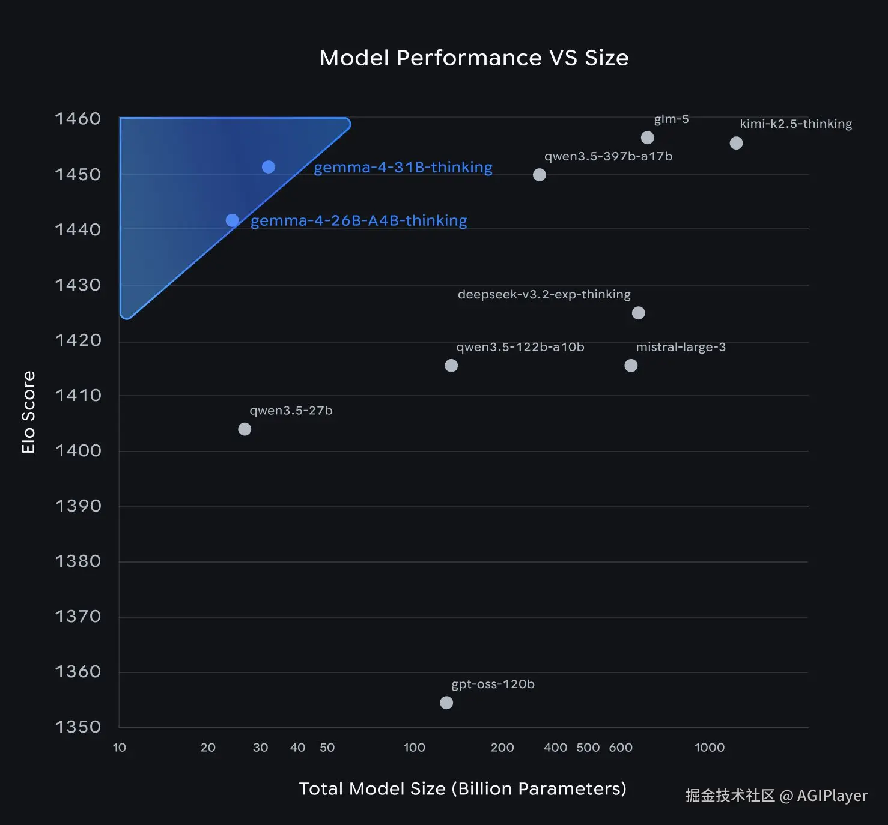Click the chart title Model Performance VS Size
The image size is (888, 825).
click(x=474, y=58)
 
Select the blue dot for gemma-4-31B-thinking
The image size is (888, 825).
click(x=269, y=167)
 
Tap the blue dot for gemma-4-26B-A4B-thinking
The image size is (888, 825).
click(x=232, y=220)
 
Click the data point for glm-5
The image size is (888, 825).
click(x=648, y=137)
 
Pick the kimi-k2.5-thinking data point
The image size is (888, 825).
click(x=736, y=143)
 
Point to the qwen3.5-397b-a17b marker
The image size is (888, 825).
click(x=540, y=175)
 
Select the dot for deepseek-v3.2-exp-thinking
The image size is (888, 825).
click(x=639, y=313)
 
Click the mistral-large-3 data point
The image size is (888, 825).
click(x=631, y=366)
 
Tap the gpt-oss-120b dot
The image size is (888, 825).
click(x=446, y=703)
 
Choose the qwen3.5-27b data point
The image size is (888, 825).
click(x=245, y=429)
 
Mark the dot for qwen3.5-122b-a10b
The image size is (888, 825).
click(x=451, y=366)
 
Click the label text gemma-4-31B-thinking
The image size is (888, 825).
click(x=403, y=167)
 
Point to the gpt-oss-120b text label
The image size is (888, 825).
click(x=493, y=684)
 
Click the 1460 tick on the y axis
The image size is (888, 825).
click(x=78, y=119)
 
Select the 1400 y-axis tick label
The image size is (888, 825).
click(x=78, y=450)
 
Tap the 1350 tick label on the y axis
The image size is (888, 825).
click(x=78, y=727)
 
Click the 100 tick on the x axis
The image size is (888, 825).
click(x=414, y=747)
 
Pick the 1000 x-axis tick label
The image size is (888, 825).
click(x=710, y=747)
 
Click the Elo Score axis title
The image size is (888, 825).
click(x=28, y=412)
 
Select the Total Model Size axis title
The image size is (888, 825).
click(x=463, y=789)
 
